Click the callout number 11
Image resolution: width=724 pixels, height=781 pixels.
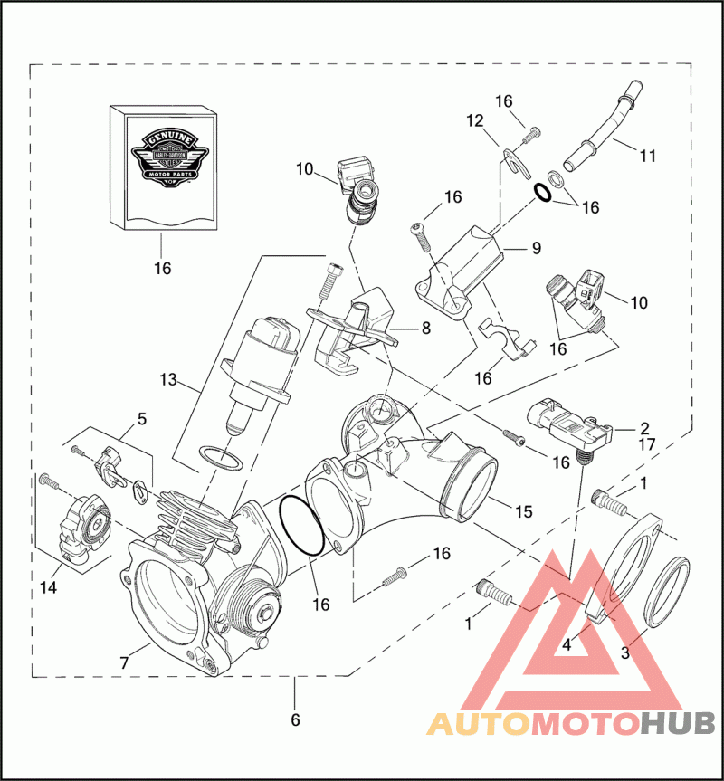pyautogui.click(x=647, y=156)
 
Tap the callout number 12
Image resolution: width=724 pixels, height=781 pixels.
pyautogui.click(x=476, y=120)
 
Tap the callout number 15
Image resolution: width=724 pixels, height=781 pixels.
pyautogui.click(x=524, y=511)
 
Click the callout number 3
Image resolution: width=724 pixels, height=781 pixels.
pyautogui.click(x=624, y=652)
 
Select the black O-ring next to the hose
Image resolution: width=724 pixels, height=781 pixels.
pyautogui.click(x=543, y=192)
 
